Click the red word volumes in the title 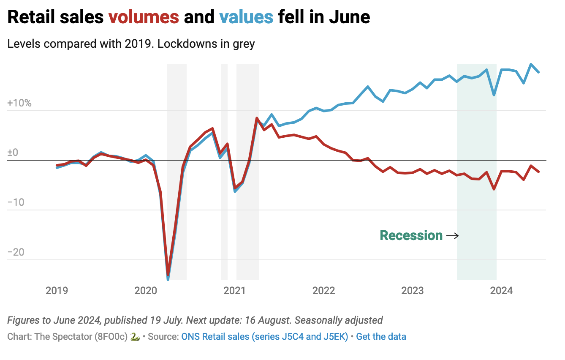pos(144,17)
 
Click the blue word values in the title pos(246,17)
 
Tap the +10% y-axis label pos(19,103)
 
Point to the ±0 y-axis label pos(13,153)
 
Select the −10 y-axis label pos(16,203)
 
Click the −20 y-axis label pos(16,253)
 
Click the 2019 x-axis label pos(57,291)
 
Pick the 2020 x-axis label pos(146,291)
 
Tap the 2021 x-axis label pos(235,291)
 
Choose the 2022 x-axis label pos(323,291)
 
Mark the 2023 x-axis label pos(413,291)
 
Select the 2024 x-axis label pos(502,291)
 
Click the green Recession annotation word pos(411,235)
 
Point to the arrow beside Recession pos(452,236)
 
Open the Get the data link pos(381,337)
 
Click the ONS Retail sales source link pos(264,337)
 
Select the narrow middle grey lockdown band pos(224,169)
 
